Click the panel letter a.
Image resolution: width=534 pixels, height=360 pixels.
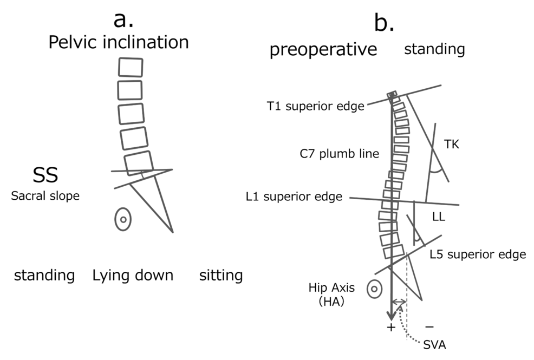pyautogui.click(x=123, y=19)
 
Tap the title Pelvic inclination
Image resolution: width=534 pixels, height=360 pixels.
pyautogui.click(x=119, y=43)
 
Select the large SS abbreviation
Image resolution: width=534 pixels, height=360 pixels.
pyautogui.click(x=45, y=175)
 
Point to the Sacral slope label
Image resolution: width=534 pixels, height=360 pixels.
pyautogui.click(x=45, y=196)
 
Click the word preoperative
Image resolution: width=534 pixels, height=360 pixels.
pyautogui.click(x=323, y=50)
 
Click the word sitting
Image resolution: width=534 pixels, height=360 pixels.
pyautogui.click(x=220, y=276)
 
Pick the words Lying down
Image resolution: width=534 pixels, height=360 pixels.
pyautogui.click(x=133, y=276)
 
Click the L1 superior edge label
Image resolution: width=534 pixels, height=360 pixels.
pyautogui.click(x=294, y=197)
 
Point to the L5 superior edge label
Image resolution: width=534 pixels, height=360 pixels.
pyautogui.click(x=478, y=254)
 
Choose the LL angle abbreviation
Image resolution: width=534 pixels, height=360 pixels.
pyautogui.click(x=439, y=217)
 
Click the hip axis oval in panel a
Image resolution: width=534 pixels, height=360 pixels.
pyautogui.click(x=123, y=219)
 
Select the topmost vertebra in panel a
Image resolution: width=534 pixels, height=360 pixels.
pyautogui.click(x=131, y=67)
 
